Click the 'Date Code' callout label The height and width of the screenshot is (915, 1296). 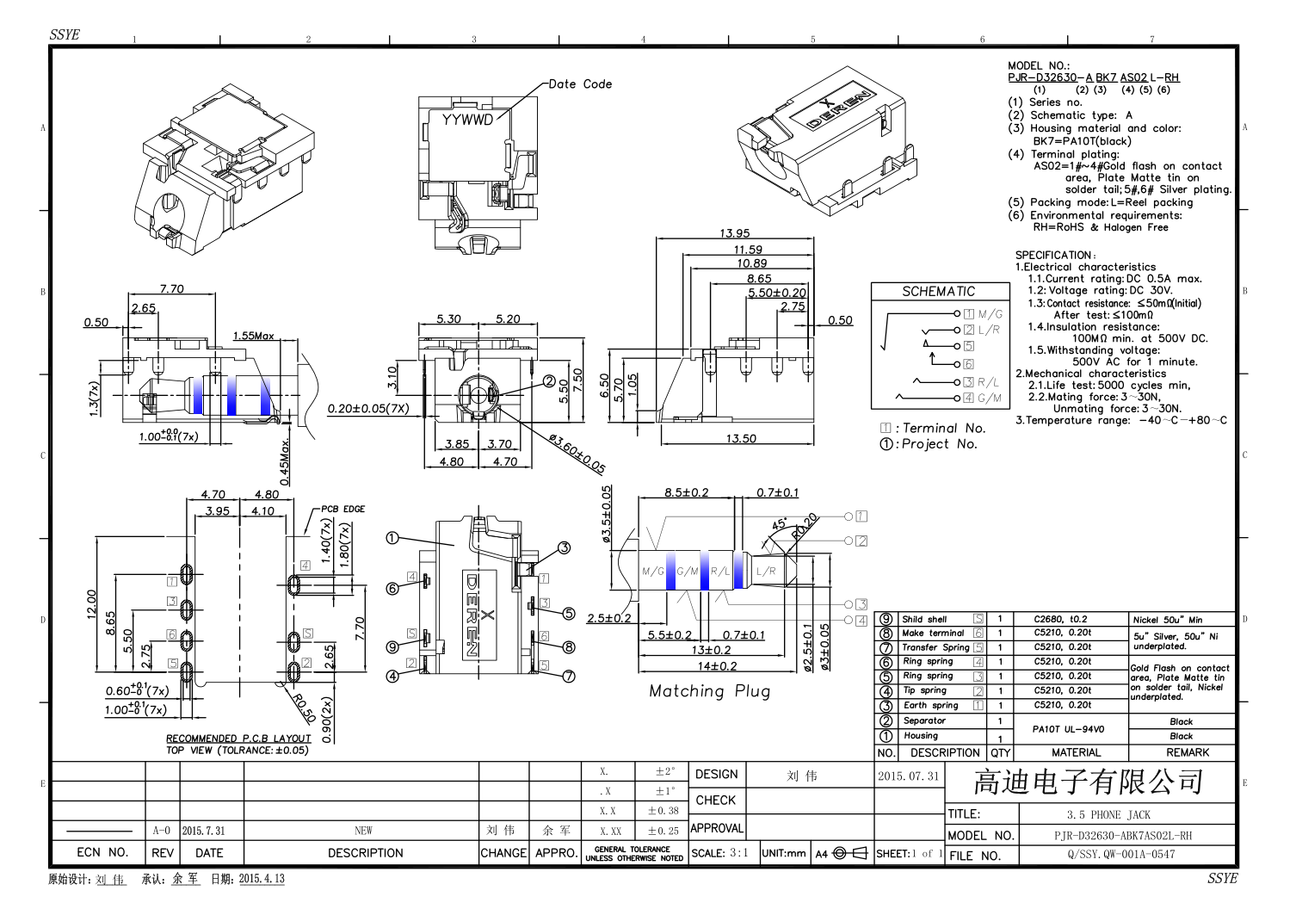click(x=580, y=84)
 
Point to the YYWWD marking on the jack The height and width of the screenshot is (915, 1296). click(x=467, y=120)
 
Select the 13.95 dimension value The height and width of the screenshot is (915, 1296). click(x=734, y=233)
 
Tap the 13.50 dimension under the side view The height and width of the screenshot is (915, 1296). click(x=740, y=438)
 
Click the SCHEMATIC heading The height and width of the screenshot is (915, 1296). click(x=938, y=292)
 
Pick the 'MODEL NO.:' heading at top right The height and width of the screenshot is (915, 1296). click(x=1039, y=65)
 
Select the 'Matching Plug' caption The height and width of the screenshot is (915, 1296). click(x=709, y=691)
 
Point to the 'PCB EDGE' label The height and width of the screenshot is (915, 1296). click(x=343, y=509)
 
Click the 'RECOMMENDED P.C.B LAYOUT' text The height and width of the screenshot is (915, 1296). click(x=238, y=739)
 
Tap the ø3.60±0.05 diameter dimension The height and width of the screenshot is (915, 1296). click(x=577, y=454)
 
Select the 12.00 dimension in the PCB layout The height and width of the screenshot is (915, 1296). click(x=91, y=603)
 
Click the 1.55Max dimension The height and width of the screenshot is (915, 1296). click(x=253, y=336)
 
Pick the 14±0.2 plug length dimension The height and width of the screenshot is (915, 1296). click(x=717, y=665)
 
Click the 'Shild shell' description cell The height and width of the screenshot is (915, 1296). click(x=924, y=619)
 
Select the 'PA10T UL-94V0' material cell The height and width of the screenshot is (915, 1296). click(x=1068, y=729)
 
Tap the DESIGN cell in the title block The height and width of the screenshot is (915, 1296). click(x=716, y=775)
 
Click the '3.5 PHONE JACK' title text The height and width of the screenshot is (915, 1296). click(x=1108, y=814)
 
